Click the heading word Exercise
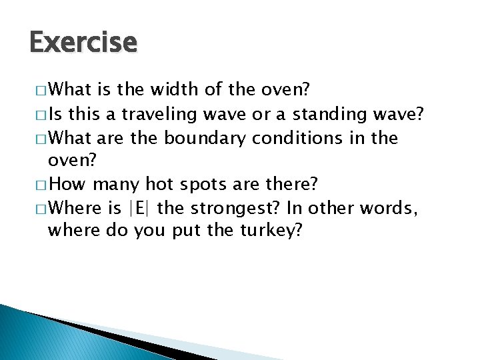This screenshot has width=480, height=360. [x=83, y=43]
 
